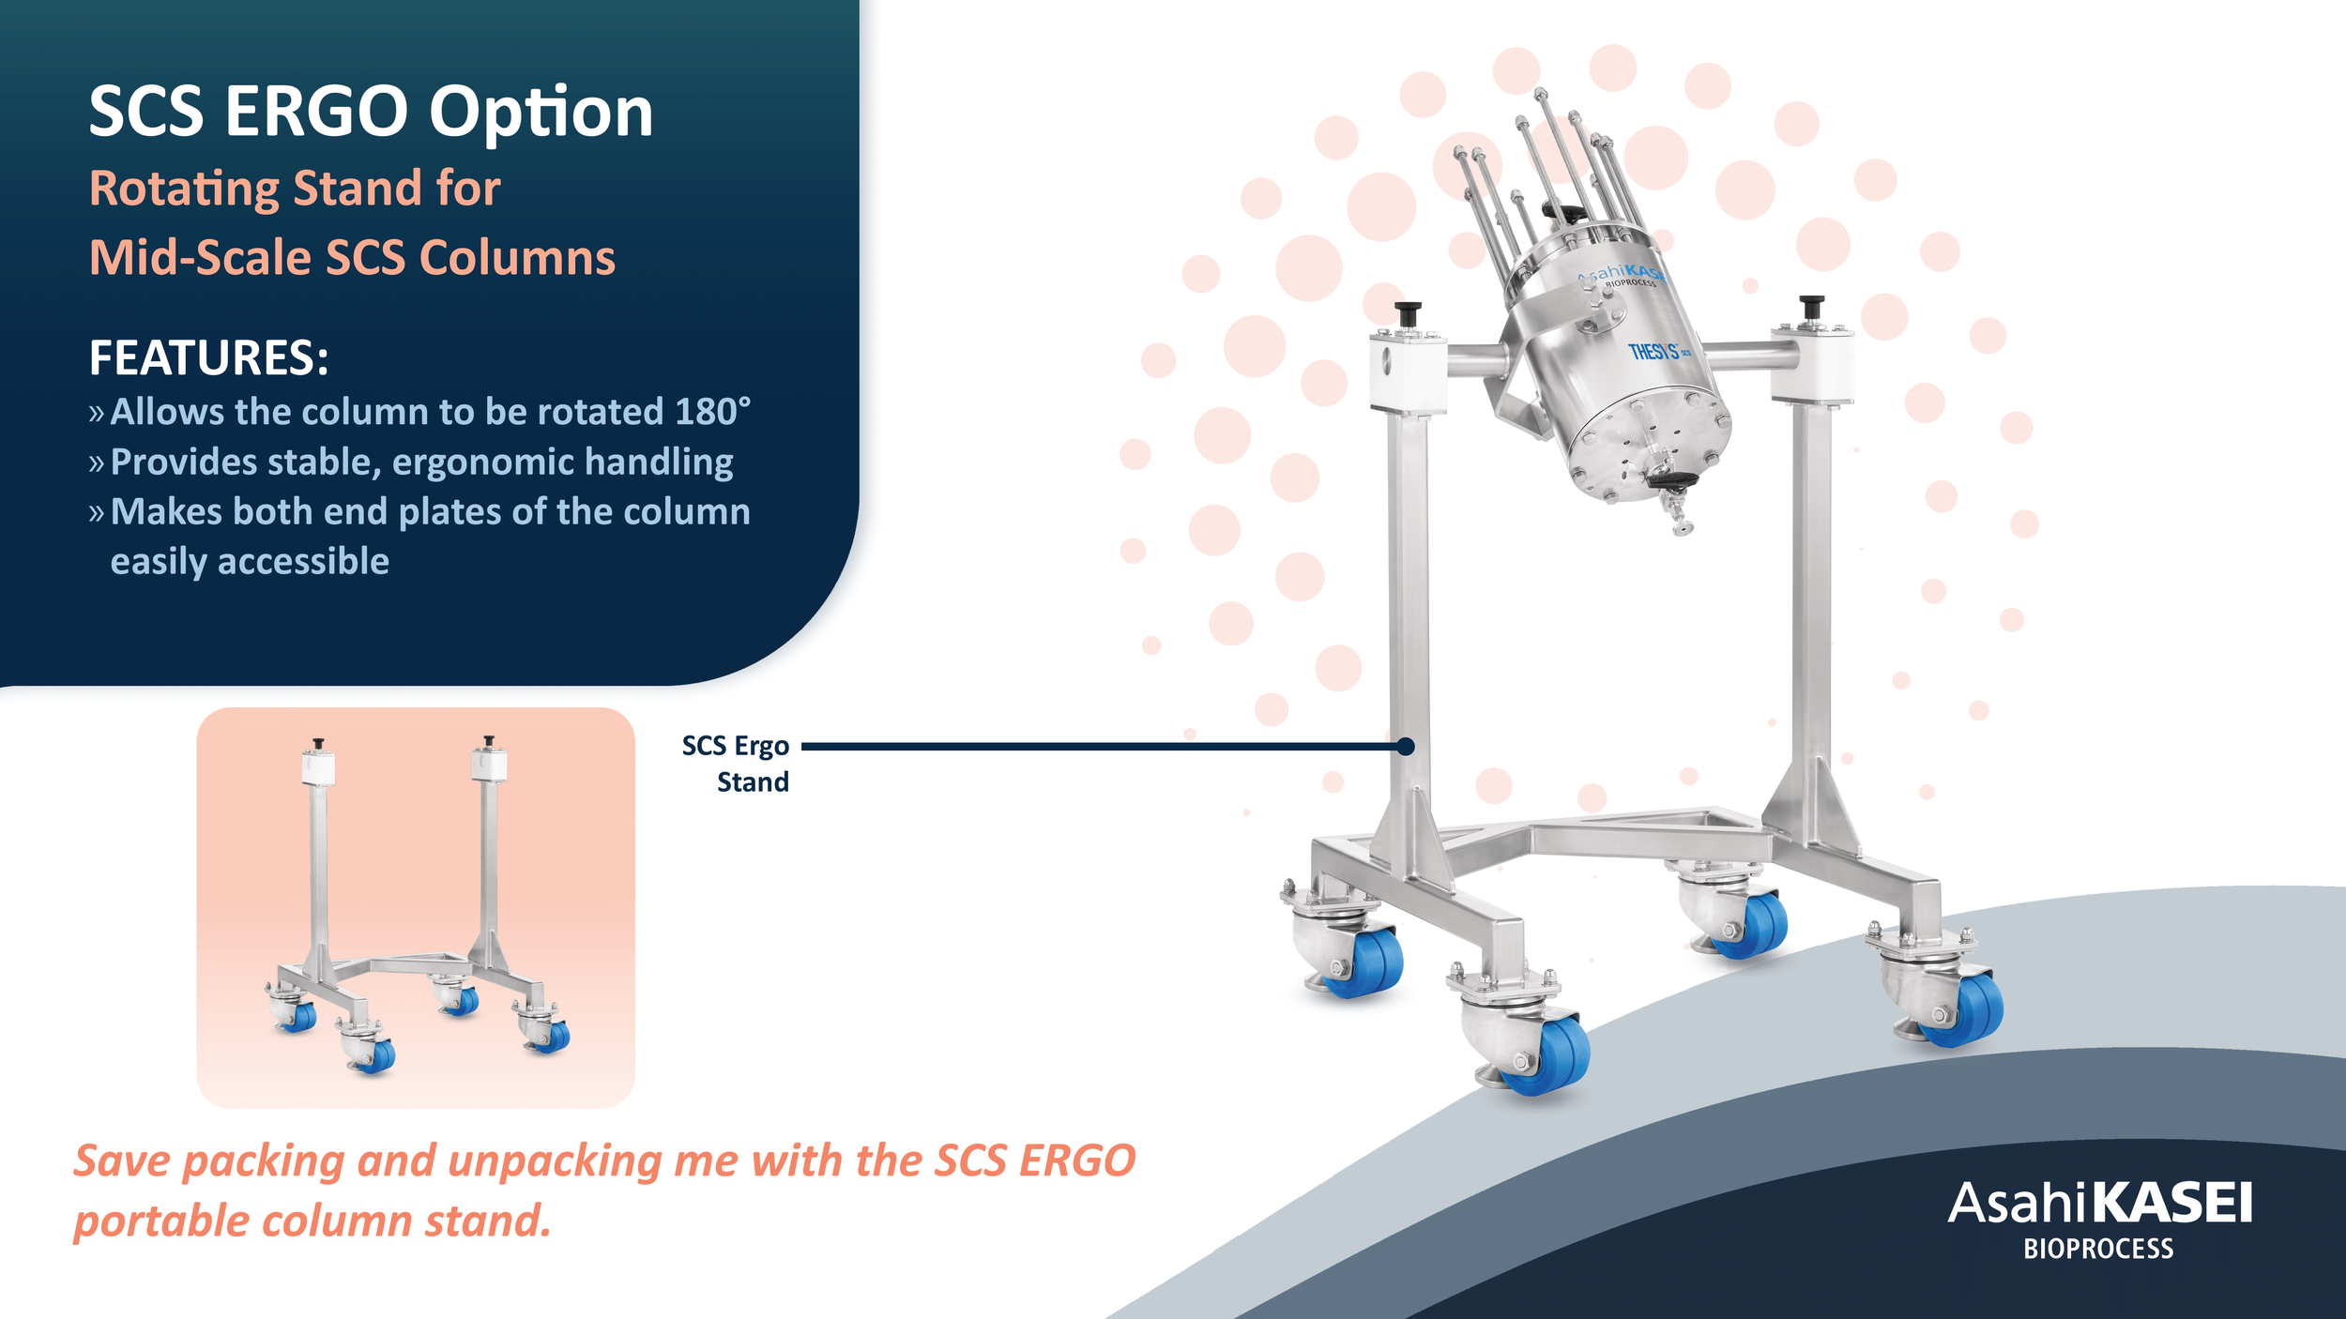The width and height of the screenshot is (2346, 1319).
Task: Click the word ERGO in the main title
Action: (317, 113)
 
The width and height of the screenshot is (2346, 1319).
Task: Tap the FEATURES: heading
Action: (208, 358)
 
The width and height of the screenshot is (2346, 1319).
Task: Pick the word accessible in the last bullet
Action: (302, 561)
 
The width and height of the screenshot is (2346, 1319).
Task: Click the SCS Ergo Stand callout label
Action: (737, 763)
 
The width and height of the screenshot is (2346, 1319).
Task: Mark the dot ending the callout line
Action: (1405, 747)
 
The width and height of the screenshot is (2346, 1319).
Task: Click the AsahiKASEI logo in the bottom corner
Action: (2099, 1205)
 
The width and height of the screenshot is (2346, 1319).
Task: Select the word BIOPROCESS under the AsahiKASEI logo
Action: (2097, 1250)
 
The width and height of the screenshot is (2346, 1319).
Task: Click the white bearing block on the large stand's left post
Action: (1407, 373)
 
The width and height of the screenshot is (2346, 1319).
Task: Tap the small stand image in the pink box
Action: (416, 906)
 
